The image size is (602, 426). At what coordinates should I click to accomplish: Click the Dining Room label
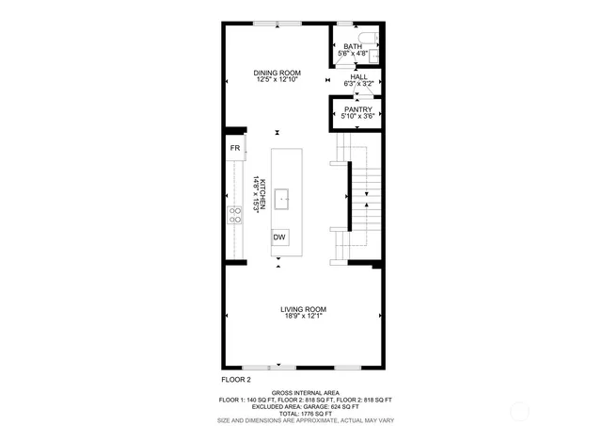click(x=277, y=73)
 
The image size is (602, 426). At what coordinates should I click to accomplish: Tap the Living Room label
click(x=303, y=309)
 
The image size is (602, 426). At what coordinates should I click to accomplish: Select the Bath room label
click(x=353, y=47)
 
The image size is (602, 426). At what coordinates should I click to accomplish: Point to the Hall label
click(x=359, y=77)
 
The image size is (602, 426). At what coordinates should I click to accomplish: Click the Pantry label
click(x=357, y=109)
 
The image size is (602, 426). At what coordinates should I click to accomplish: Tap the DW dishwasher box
click(x=279, y=238)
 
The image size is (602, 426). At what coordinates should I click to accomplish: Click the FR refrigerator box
click(x=235, y=149)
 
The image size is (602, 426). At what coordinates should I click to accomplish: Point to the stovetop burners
click(x=235, y=215)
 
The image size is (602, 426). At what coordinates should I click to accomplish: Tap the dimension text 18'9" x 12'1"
click(x=303, y=316)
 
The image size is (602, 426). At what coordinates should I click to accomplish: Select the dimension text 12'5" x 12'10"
click(x=277, y=79)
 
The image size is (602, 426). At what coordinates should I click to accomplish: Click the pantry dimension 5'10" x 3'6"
click(x=357, y=116)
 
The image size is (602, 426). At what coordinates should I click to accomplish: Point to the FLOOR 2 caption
click(x=236, y=379)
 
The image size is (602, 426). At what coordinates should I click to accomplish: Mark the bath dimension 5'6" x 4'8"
click(x=353, y=54)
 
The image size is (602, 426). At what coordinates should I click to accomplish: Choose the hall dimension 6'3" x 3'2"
click(x=359, y=84)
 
